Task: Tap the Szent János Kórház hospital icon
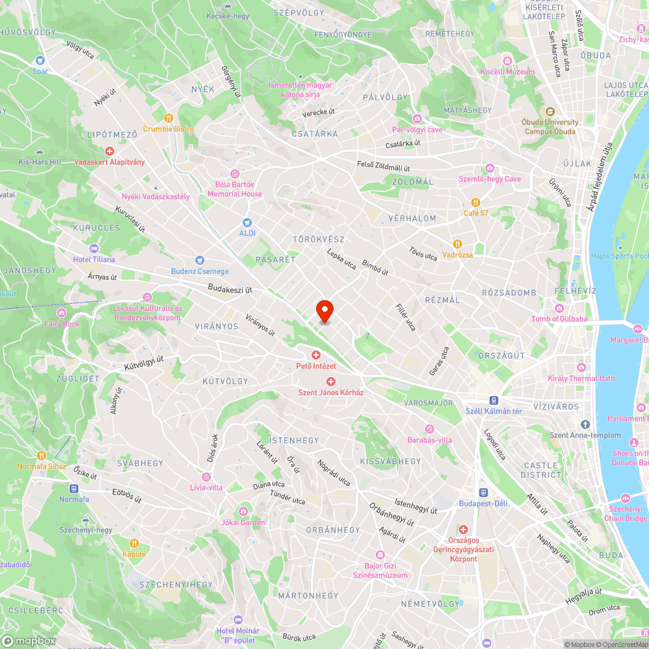coord(331,382)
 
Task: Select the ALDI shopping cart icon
coord(247,223)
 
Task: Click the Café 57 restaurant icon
coord(476,202)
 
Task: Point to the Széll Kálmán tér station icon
coord(494,400)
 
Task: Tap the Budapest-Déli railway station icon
coord(483,493)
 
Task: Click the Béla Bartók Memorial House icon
coord(235,174)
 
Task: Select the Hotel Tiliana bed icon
coord(94,249)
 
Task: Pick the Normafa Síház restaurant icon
coord(42,456)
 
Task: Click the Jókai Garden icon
coord(243,511)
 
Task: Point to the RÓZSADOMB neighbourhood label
coord(509,293)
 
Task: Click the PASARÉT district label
coord(275,259)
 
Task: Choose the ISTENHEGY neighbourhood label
coord(294,440)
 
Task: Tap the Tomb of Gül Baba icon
coord(559,308)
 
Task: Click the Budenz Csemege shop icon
coord(200,260)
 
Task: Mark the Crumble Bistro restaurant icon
coord(169,118)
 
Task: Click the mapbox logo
coord(29,641)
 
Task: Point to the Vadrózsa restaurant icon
coord(458,244)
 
